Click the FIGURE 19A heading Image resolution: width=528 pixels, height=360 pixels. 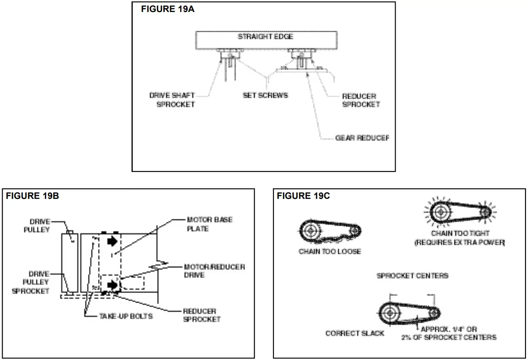pos(168,9)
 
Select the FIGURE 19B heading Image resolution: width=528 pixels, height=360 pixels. pos(32,196)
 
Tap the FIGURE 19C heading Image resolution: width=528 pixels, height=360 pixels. pos(303,196)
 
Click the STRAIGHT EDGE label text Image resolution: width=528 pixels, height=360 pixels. pos(265,37)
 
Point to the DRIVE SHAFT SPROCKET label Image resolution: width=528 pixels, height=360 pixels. pos(172,100)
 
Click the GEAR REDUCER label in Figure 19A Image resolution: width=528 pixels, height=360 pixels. pos(362,138)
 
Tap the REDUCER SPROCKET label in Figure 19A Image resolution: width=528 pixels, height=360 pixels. pos(361,100)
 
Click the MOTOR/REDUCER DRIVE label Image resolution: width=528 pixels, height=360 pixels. pos(214,271)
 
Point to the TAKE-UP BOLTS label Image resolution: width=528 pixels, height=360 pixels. pos(126,316)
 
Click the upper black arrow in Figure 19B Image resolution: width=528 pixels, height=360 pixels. pos(112,241)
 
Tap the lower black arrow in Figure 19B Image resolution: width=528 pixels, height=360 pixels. pos(112,284)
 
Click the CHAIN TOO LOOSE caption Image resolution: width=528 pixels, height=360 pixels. pos(330,251)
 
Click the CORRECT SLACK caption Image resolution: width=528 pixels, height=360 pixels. pos(355,333)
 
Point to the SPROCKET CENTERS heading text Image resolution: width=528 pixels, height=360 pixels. pos(412,275)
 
